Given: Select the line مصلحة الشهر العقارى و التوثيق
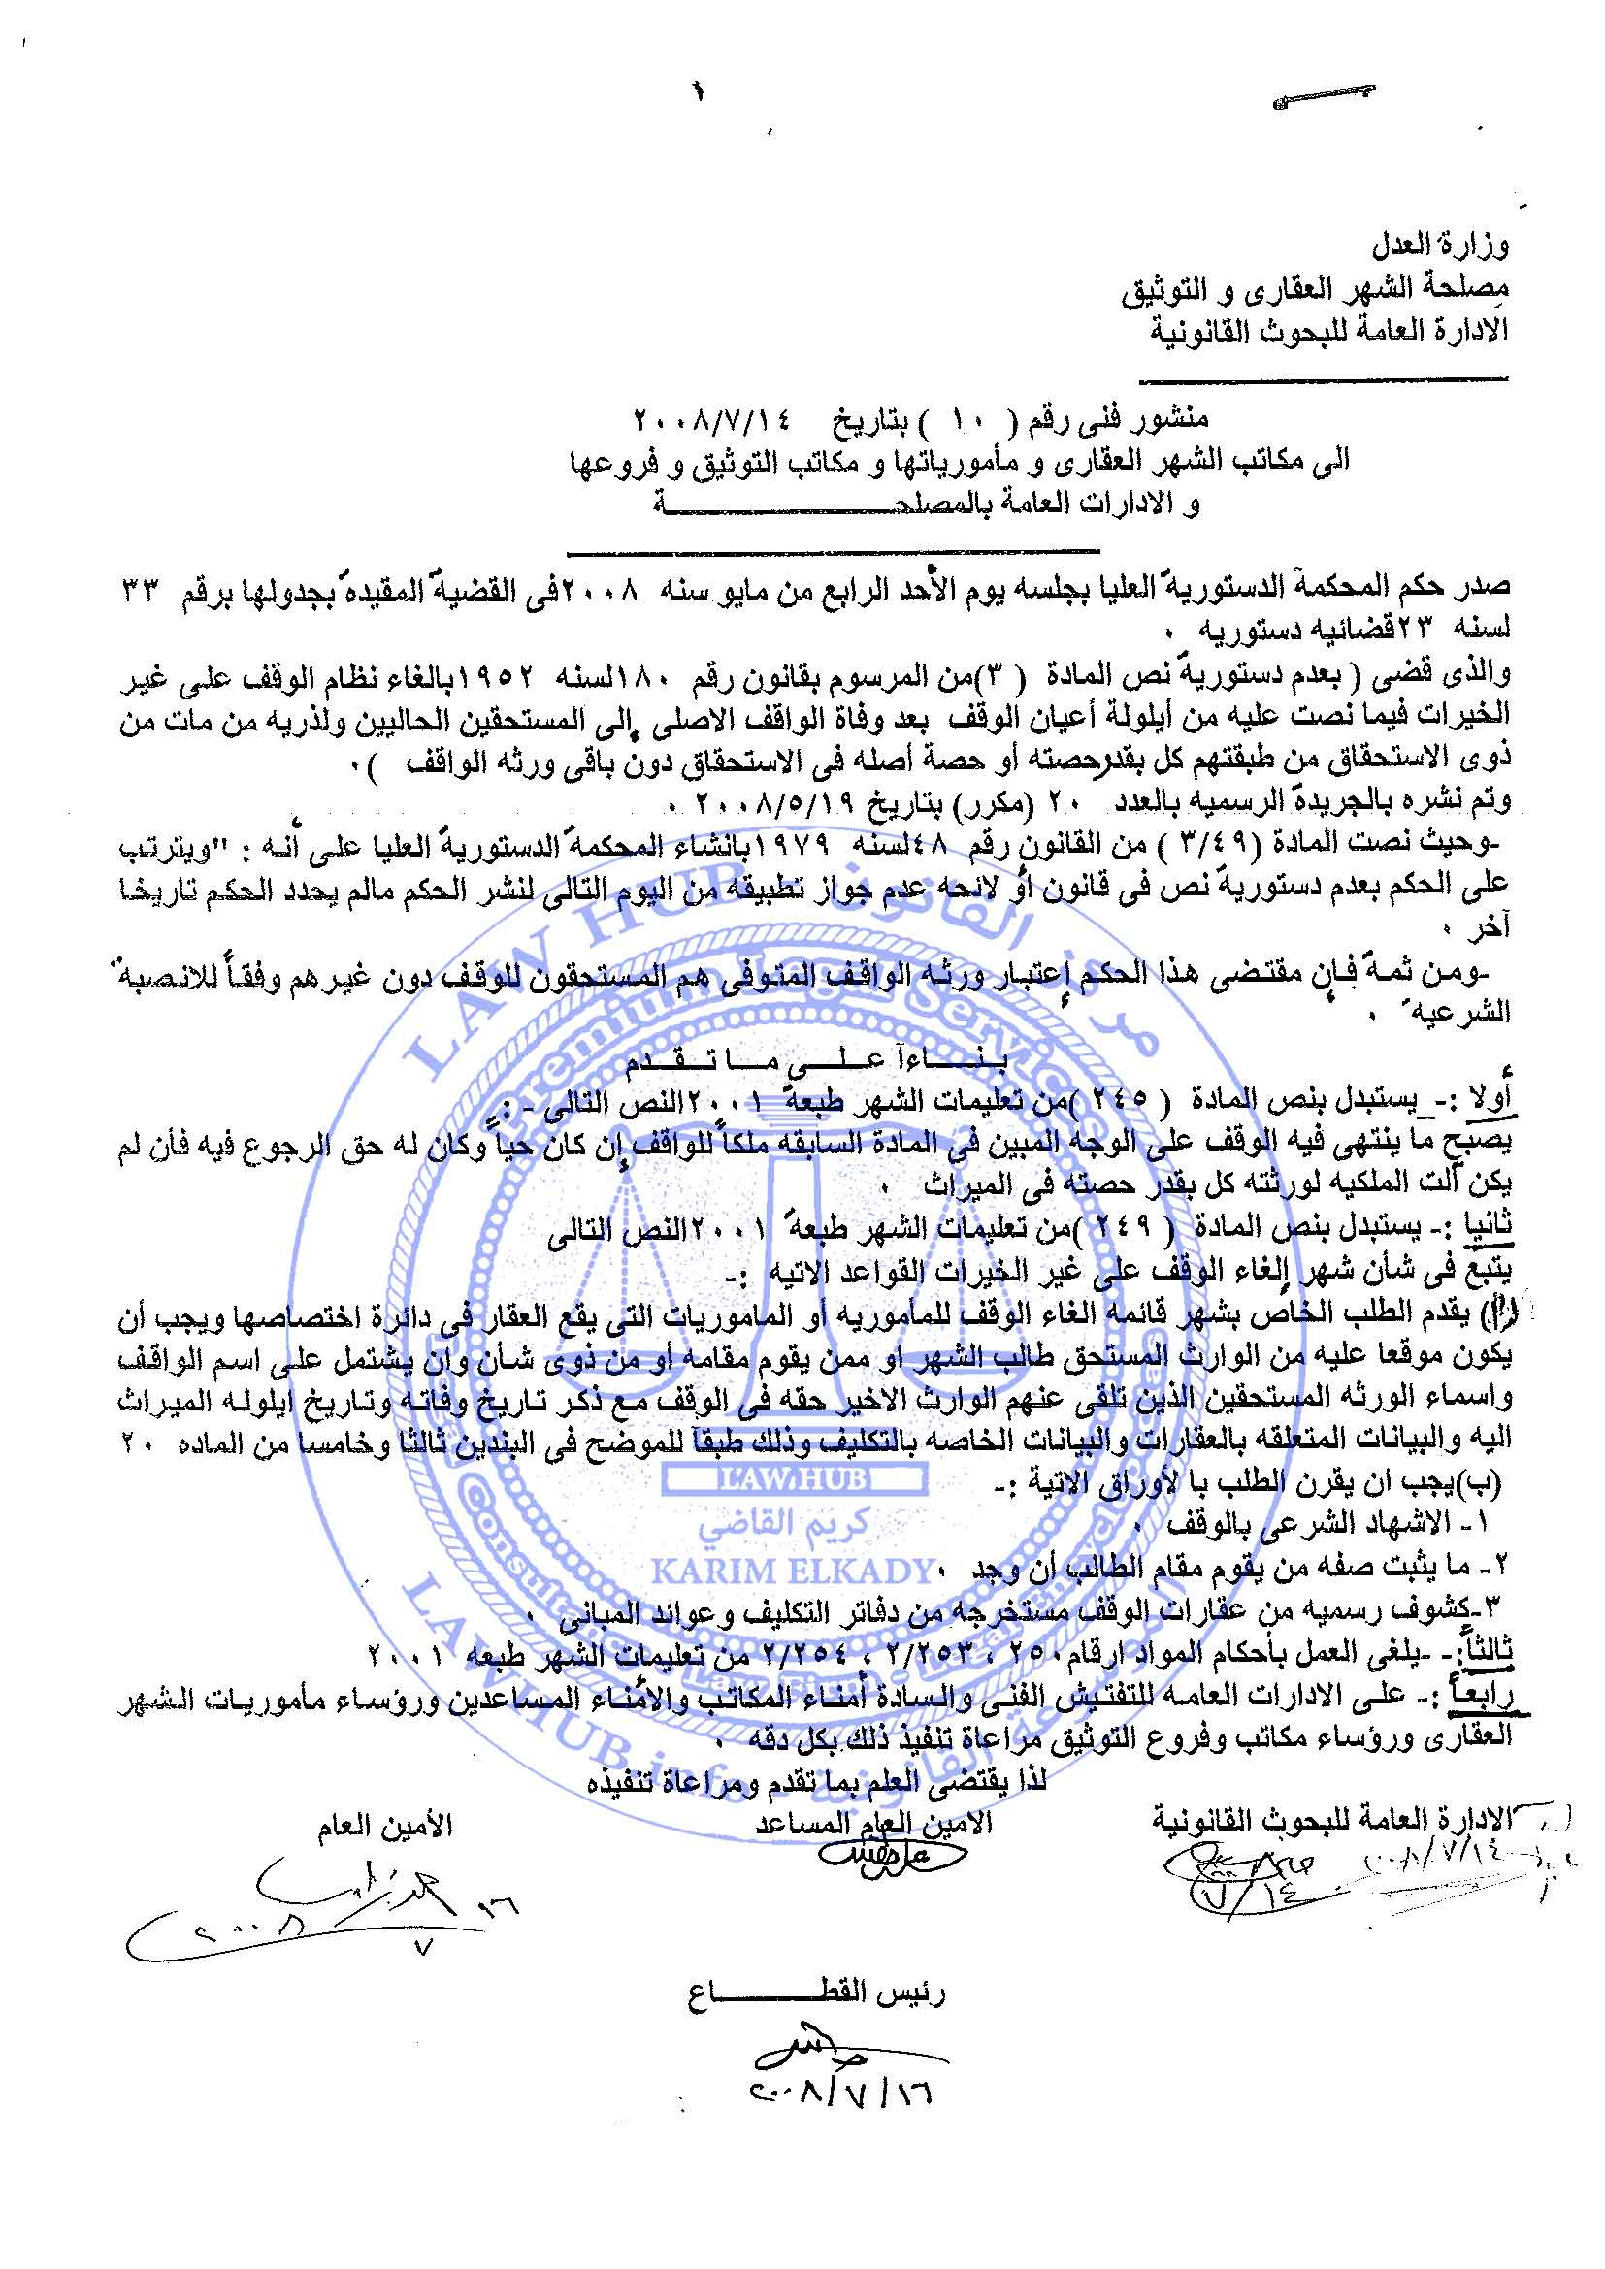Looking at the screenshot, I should (1315, 292).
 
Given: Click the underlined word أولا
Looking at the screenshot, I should (1490, 1098).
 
